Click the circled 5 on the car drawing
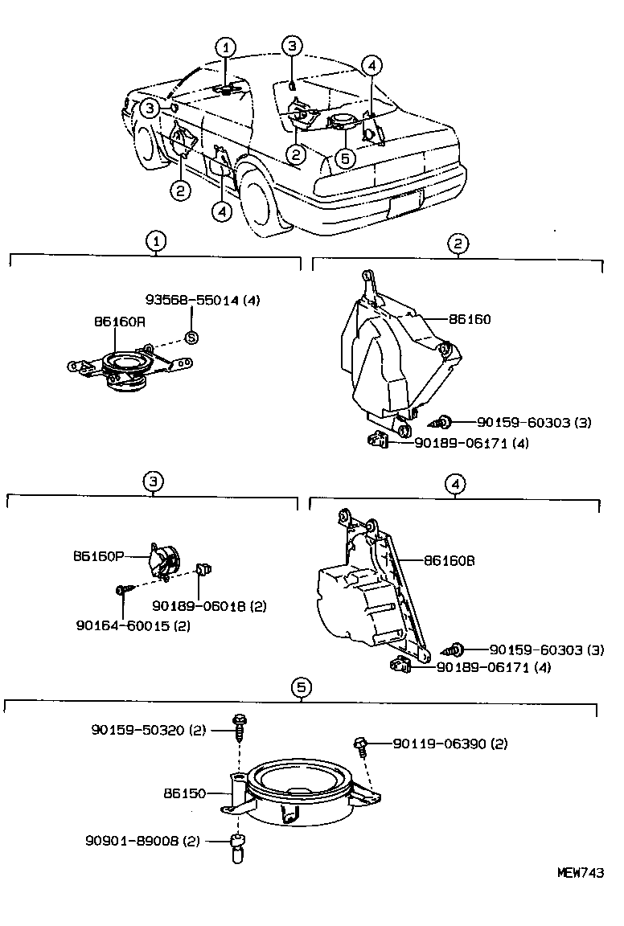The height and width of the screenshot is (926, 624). pos(344,158)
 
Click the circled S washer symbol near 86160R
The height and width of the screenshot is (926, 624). pos(191,338)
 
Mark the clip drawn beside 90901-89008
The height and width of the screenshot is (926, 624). pos(237,847)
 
